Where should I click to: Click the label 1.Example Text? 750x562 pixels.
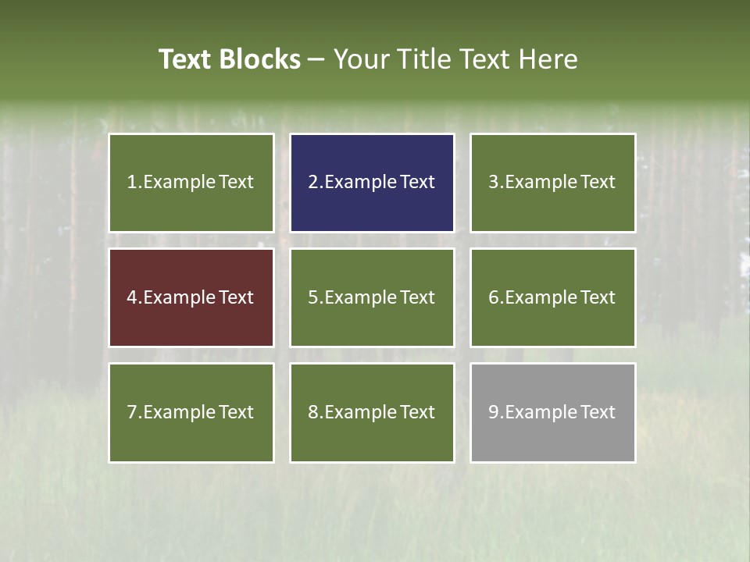(191, 182)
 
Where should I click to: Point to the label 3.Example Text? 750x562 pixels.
(552, 182)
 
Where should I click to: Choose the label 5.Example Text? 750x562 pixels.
(372, 297)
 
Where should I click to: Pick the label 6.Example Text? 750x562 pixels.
(552, 297)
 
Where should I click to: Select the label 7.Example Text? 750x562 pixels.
(191, 412)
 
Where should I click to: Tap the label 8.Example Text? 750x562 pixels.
(372, 412)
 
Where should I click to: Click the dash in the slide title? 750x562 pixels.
(316, 59)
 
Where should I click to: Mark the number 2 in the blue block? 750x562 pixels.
(312, 182)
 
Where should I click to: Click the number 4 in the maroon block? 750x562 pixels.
(132, 297)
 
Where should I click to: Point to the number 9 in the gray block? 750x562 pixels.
(493, 412)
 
